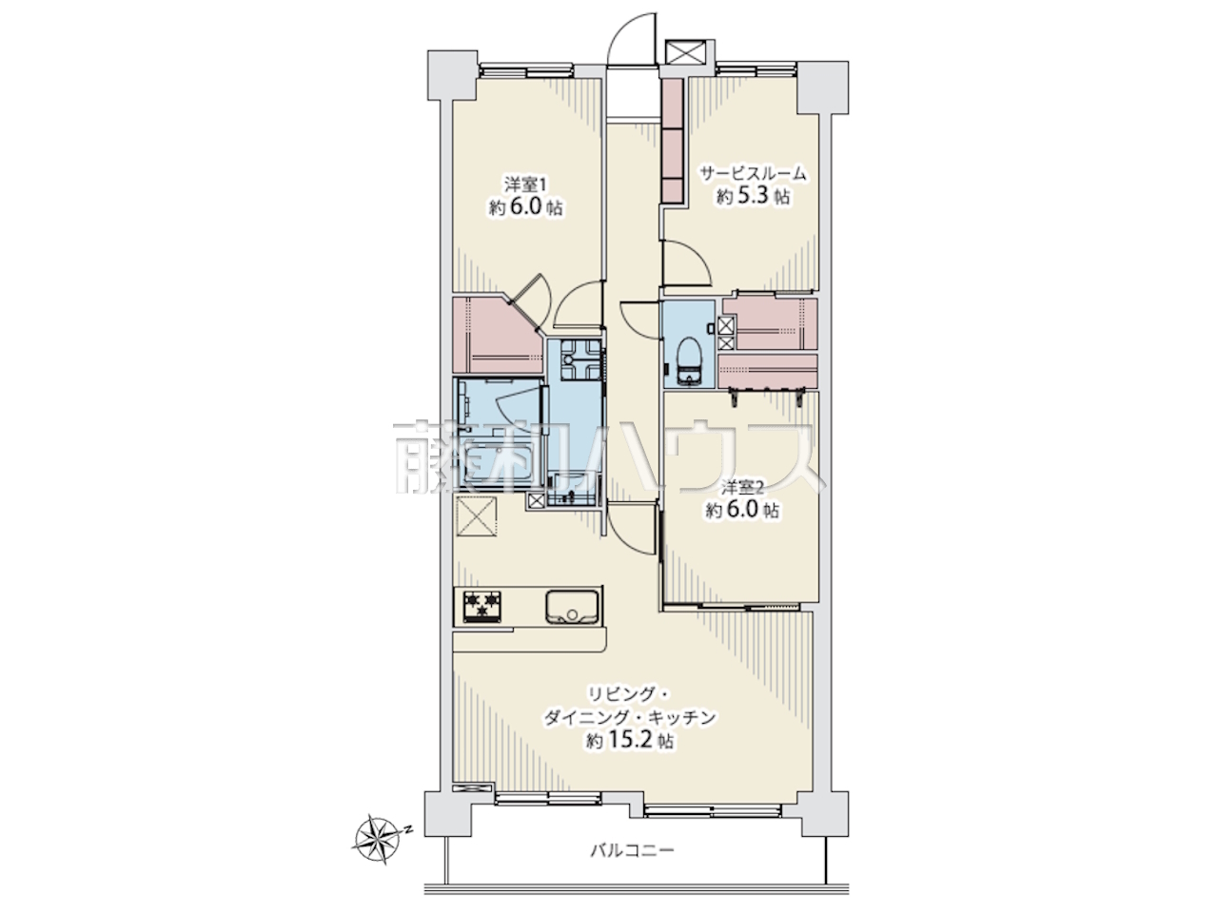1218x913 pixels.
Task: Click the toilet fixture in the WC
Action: click(x=690, y=359)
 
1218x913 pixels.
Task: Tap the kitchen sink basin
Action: click(x=572, y=607)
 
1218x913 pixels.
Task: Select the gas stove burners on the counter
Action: click(x=481, y=607)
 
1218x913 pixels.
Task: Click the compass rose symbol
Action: click(x=376, y=845)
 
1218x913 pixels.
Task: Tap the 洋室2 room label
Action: click(x=742, y=488)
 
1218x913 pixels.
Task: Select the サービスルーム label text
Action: click(x=753, y=173)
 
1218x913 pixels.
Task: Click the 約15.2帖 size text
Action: click(x=631, y=741)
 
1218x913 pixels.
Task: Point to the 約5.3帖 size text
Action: click(x=753, y=196)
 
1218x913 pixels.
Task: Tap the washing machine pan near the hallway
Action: click(x=580, y=359)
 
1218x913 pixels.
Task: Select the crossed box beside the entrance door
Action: click(x=685, y=51)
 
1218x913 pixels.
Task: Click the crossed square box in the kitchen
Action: click(x=478, y=515)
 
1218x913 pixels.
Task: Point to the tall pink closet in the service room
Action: click(x=673, y=141)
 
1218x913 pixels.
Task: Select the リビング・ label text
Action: click(x=630, y=693)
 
